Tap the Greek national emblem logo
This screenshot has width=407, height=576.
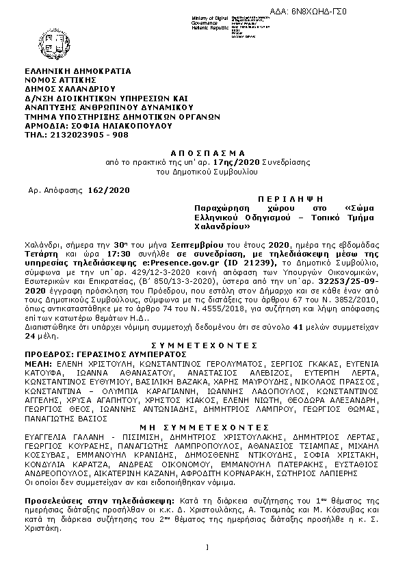tap(49, 36)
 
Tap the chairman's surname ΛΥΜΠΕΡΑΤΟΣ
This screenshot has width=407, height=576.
tap(155, 356)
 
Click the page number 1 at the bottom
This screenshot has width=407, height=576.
tap(207, 546)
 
